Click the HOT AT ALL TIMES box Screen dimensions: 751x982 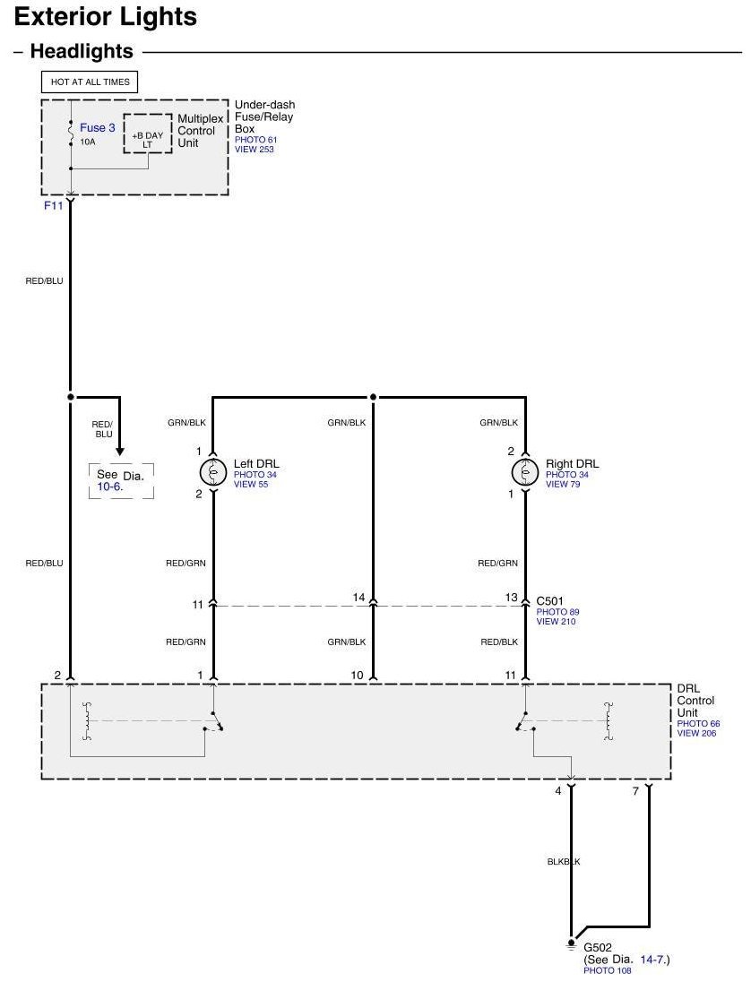90,82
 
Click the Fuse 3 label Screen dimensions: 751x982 97,128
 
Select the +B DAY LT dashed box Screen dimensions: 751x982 147,134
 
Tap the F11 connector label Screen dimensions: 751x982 53,205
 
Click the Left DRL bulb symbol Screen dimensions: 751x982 213,472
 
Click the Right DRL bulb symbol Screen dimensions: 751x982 524,472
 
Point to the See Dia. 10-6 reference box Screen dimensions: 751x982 121,481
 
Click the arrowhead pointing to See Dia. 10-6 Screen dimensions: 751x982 119,451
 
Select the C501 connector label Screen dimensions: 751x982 549,601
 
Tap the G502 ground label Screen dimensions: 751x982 598,948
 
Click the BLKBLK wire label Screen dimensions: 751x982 564,862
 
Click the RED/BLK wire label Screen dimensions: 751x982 499,642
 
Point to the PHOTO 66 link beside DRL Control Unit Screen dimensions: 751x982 698,723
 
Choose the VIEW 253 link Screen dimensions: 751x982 255,149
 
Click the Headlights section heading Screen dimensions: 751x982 82,51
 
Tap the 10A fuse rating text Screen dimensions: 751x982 88,142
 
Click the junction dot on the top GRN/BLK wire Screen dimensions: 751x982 374,397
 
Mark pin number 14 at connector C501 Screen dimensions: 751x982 358,598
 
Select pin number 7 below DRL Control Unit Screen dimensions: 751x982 635,792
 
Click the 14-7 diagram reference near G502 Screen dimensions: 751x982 653,960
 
